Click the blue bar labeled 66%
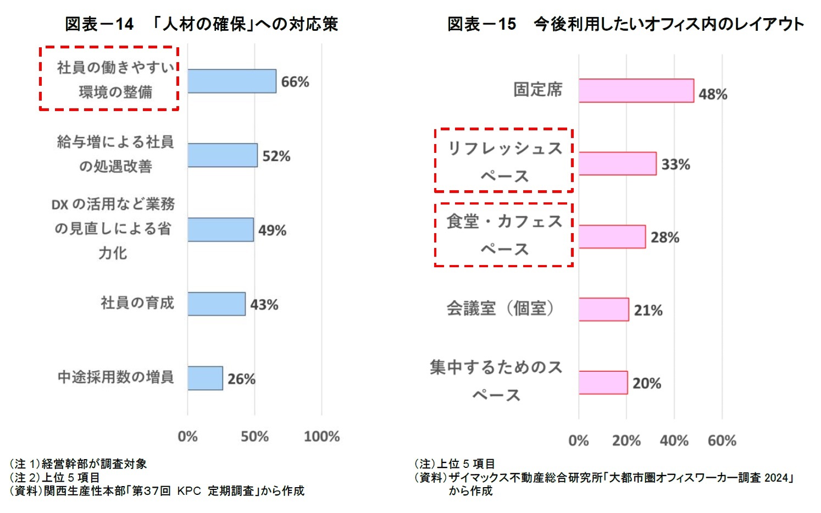(231, 81)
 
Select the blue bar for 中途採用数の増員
(205, 378)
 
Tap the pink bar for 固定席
(636, 91)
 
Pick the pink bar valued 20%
(603, 383)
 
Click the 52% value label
(276, 156)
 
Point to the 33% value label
(675, 164)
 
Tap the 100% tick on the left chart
(321, 437)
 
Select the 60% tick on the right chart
(722, 440)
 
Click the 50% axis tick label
(254, 437)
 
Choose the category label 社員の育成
(137, 303)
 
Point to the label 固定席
(537, 90)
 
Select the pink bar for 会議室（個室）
(603, 310)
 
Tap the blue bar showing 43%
(216, 304)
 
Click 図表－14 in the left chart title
(99, 24)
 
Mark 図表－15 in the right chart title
(481, 24)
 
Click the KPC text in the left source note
(189, 491)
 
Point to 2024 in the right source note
(776, 478)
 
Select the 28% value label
(665, 238)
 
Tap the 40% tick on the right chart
(674, 440)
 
